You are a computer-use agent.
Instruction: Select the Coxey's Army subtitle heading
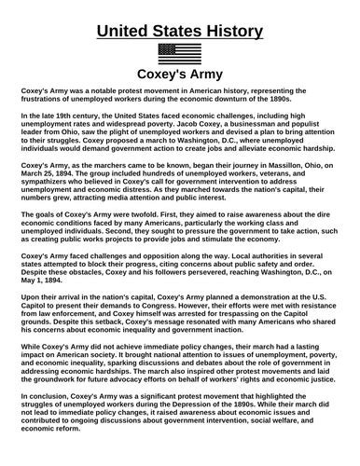pos(180,73)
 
